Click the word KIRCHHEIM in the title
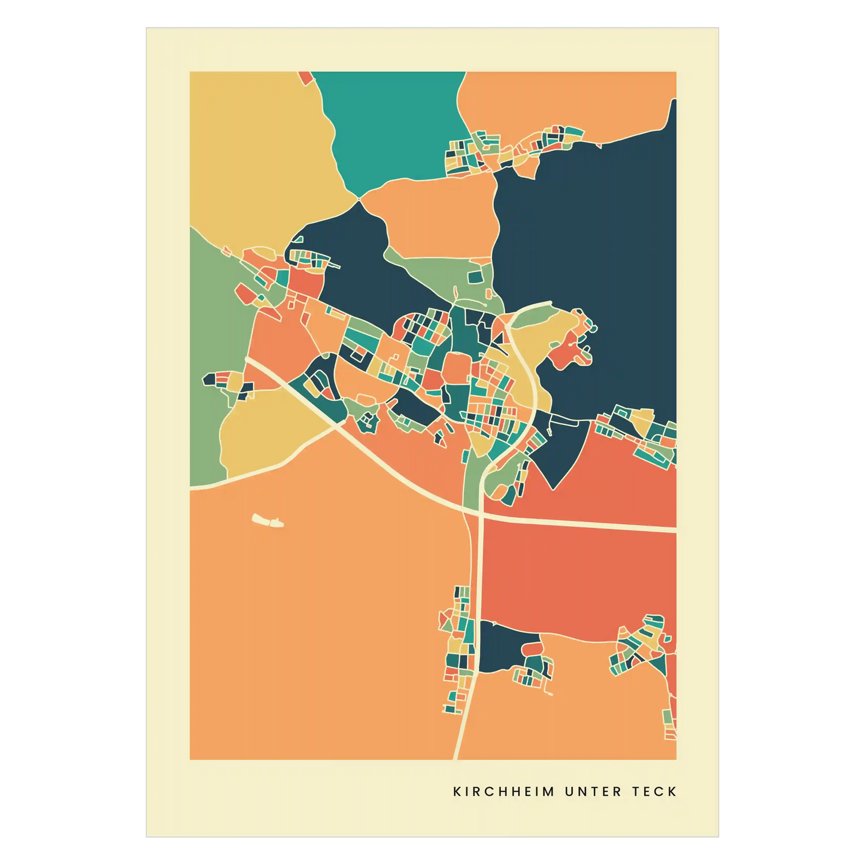click(x=503, y=791)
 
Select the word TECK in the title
click(x=654, y=791)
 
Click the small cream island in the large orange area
click(x=267, y=520)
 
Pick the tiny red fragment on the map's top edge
click(x=305, y=77)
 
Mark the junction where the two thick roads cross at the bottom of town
click(x=481, y=513)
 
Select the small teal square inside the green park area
click(x=474, y=277)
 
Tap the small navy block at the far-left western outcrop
click(x=209, y=379)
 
